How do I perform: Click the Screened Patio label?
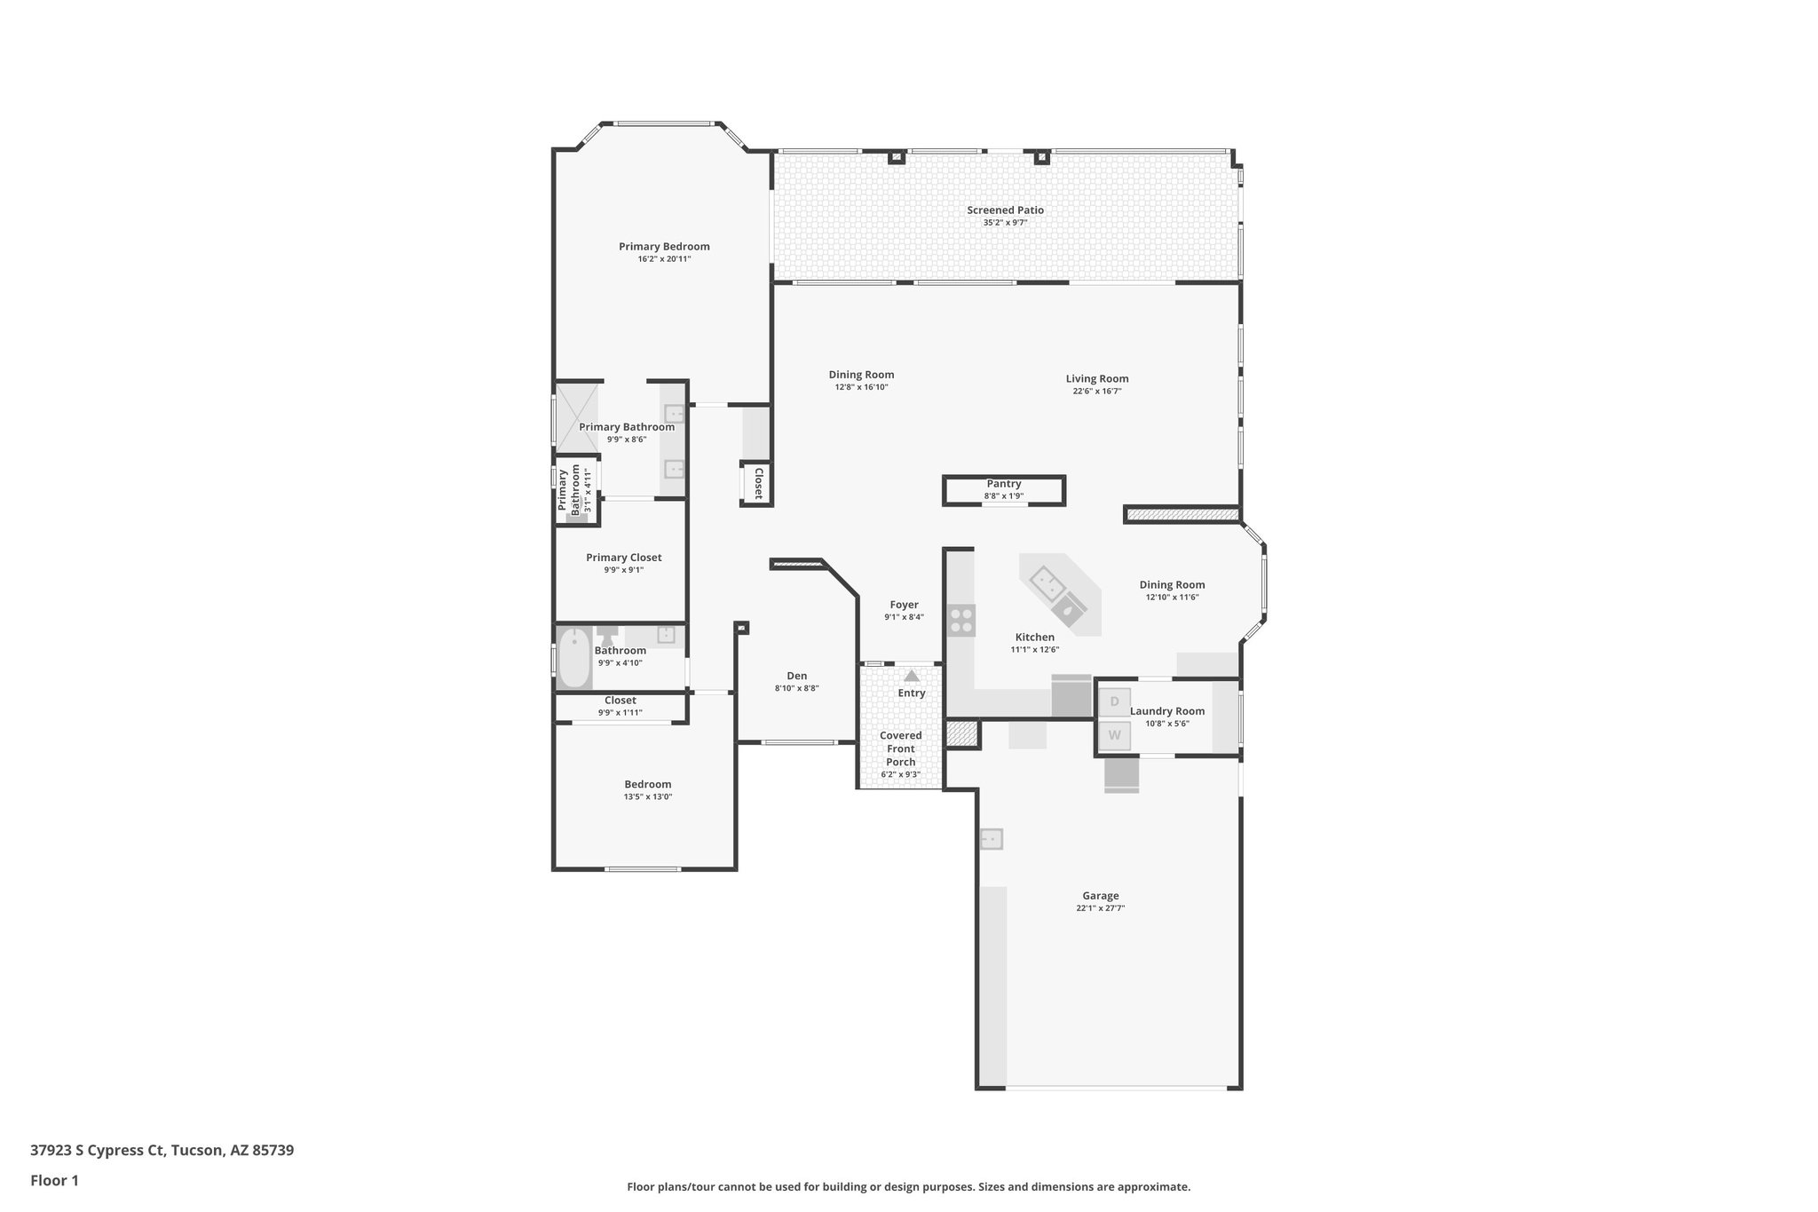1005,210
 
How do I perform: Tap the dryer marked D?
1115,701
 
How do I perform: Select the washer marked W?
1115,735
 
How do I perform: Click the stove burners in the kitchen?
960,620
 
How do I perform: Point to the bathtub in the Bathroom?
575,657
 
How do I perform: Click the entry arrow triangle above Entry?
912,676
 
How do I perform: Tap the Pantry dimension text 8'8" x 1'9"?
1004,496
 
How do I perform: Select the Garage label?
1100,896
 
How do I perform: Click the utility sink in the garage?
992,839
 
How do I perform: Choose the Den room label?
797,676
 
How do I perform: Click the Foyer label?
904,605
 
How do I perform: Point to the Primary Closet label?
623,558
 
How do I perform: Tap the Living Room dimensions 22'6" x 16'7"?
1097,391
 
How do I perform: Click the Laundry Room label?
1166,711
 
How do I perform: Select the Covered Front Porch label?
900,749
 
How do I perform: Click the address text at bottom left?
162,1150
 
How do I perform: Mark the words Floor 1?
54,1180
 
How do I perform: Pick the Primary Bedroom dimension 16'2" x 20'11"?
664,259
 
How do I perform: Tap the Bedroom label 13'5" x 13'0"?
647,785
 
